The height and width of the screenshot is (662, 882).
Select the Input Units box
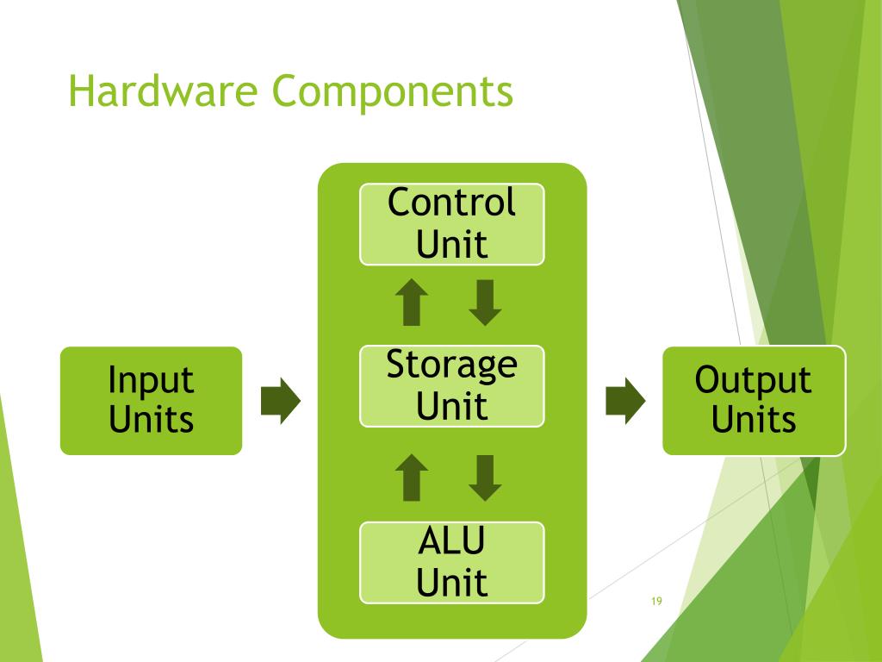[151, 400]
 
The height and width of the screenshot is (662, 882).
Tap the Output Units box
[754, 400]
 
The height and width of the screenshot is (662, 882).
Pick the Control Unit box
[451, 223]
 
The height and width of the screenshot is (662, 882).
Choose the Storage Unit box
[451, 385]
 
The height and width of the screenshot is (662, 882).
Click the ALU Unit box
[451, 562]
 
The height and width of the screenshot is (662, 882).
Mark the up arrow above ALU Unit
[412, 478]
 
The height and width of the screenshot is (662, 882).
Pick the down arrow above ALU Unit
[485, 478]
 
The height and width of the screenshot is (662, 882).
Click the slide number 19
[656, 602]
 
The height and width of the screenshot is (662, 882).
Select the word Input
[151, 381]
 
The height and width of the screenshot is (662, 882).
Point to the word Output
[754, 381]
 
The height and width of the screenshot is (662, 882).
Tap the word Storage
[451, 365]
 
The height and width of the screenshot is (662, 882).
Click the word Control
[451, 203]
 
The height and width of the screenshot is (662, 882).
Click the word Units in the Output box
[754, 420]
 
